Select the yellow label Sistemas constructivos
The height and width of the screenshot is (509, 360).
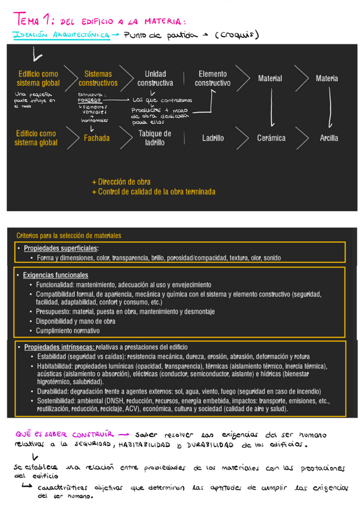(x=98, y=79)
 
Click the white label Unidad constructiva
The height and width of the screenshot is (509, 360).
(x=155, y=79)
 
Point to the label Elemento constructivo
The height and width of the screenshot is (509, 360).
(x=212, y=79)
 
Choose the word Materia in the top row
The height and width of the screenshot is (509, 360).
(x=326, y=79)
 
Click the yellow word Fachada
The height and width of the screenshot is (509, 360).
(x=97, y=138)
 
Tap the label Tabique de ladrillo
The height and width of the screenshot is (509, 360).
(x=154, y=138)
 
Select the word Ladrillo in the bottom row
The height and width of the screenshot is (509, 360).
(x=213, y=138)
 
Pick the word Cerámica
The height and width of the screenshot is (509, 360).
(x=271, y=138)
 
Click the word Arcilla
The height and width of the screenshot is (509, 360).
(x=329, y=138)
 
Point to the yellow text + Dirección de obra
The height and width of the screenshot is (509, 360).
(x=121, y=181)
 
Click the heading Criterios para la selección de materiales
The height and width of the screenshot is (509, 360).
(x=68, y=235)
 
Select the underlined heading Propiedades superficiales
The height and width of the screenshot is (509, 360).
(x=61, y=248)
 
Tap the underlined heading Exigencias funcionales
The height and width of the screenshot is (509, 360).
(x=56, y=275)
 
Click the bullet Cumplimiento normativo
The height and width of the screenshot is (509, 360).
(x=68, y=331)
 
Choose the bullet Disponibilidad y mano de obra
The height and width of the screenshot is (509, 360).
(x=75, y=321)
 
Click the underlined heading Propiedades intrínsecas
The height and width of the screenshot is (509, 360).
(x=58, y=347)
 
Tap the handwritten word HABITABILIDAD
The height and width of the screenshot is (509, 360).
(x=147, y=445)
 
